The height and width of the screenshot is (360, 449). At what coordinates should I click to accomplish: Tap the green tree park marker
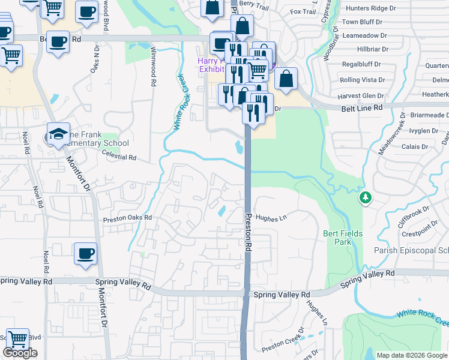tap(364, 197)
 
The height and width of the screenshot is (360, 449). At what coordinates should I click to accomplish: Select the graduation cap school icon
tap(58, 134)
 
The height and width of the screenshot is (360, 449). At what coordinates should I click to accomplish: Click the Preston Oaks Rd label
tap(127, 218)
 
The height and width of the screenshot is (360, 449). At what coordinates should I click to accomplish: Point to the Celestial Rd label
tap(120, 158)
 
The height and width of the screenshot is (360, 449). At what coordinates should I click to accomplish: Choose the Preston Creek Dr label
tap(280, 344)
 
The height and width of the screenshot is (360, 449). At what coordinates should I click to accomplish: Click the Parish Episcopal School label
tap(411, 250)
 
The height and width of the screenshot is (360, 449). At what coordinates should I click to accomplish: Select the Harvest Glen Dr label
tap(361, 96)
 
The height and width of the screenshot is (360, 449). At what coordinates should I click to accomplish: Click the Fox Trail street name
tap(303, 11)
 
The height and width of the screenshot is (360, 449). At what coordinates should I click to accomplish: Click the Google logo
tap(20, 353)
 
